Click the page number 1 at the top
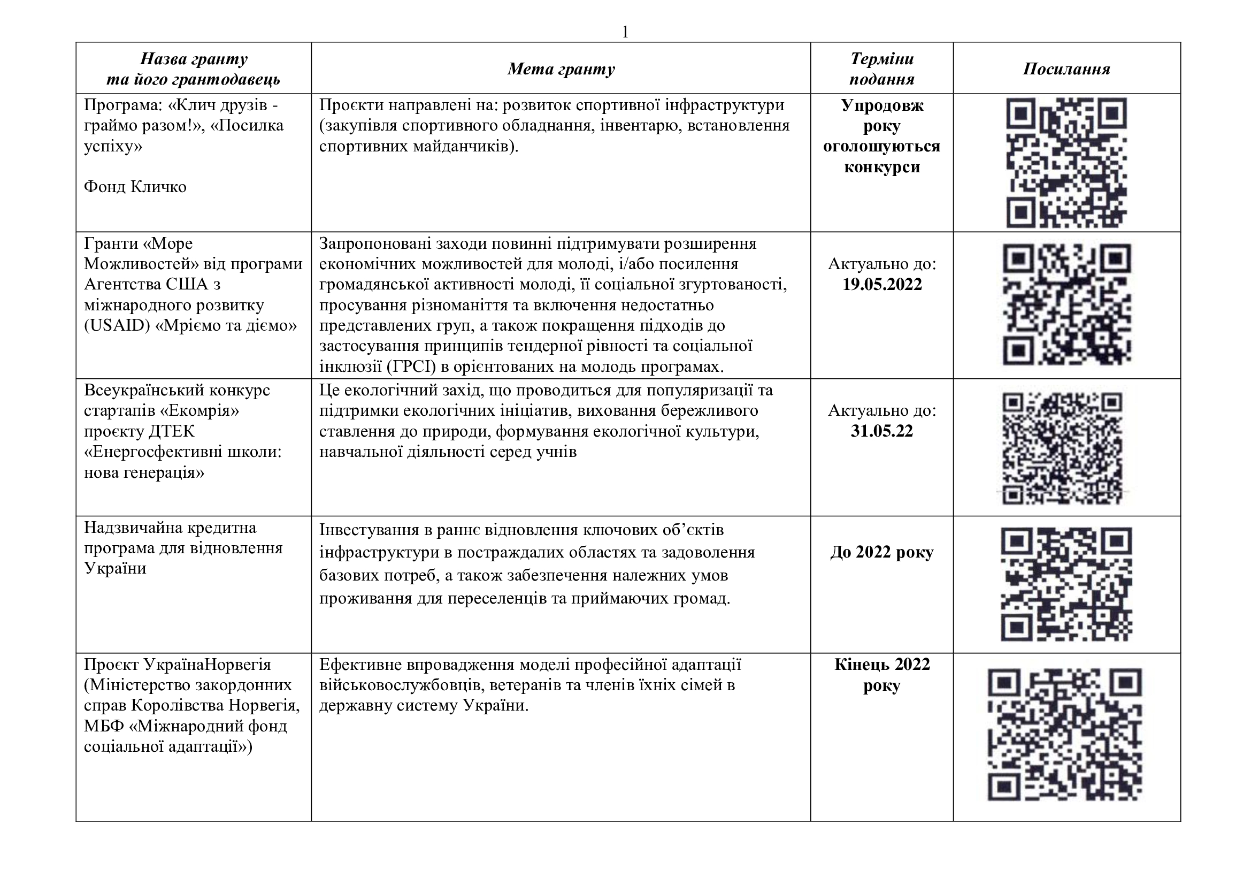625,32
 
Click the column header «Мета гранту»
561,68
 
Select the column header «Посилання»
1066,68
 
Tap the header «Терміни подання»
881,68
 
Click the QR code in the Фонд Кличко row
1066,163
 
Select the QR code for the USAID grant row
1066,304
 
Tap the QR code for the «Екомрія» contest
1062,448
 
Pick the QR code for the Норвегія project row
1065,734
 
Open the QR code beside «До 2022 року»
1066,584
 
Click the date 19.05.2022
882,285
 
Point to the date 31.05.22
881,431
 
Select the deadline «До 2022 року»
881,553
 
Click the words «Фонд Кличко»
135,187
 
